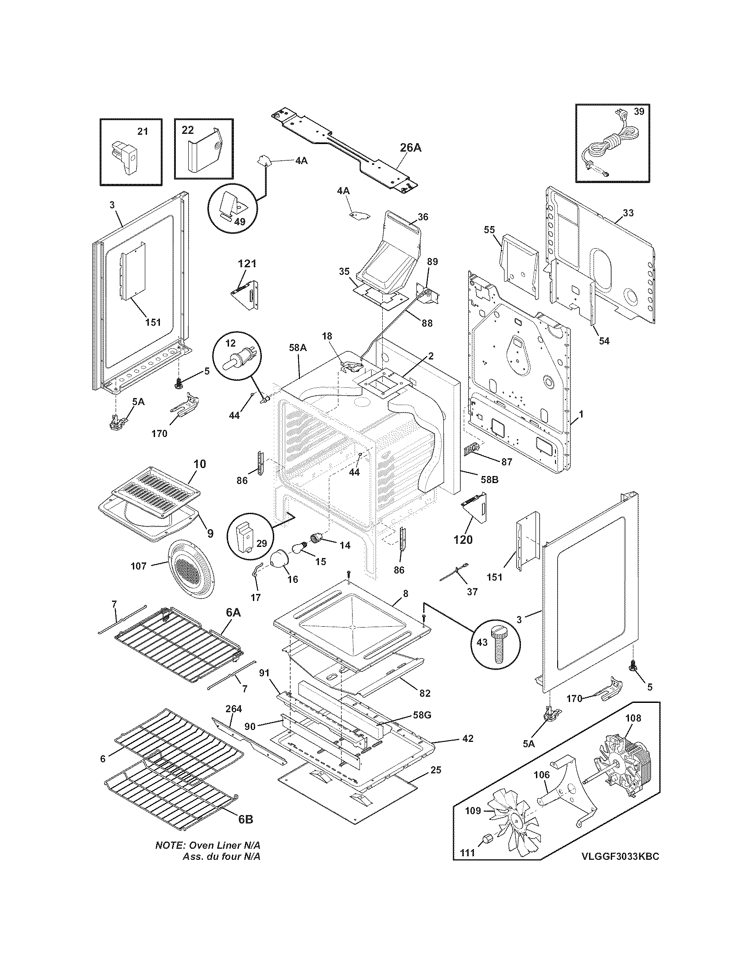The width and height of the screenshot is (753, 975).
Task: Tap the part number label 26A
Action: coord(411,148)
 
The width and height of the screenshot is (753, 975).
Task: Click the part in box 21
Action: coord(125,156)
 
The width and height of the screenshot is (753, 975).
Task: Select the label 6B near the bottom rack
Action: coord(245,819)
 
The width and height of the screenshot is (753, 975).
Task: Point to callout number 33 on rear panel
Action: coord(628,213)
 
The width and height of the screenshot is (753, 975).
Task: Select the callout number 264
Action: coord(234,709)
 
